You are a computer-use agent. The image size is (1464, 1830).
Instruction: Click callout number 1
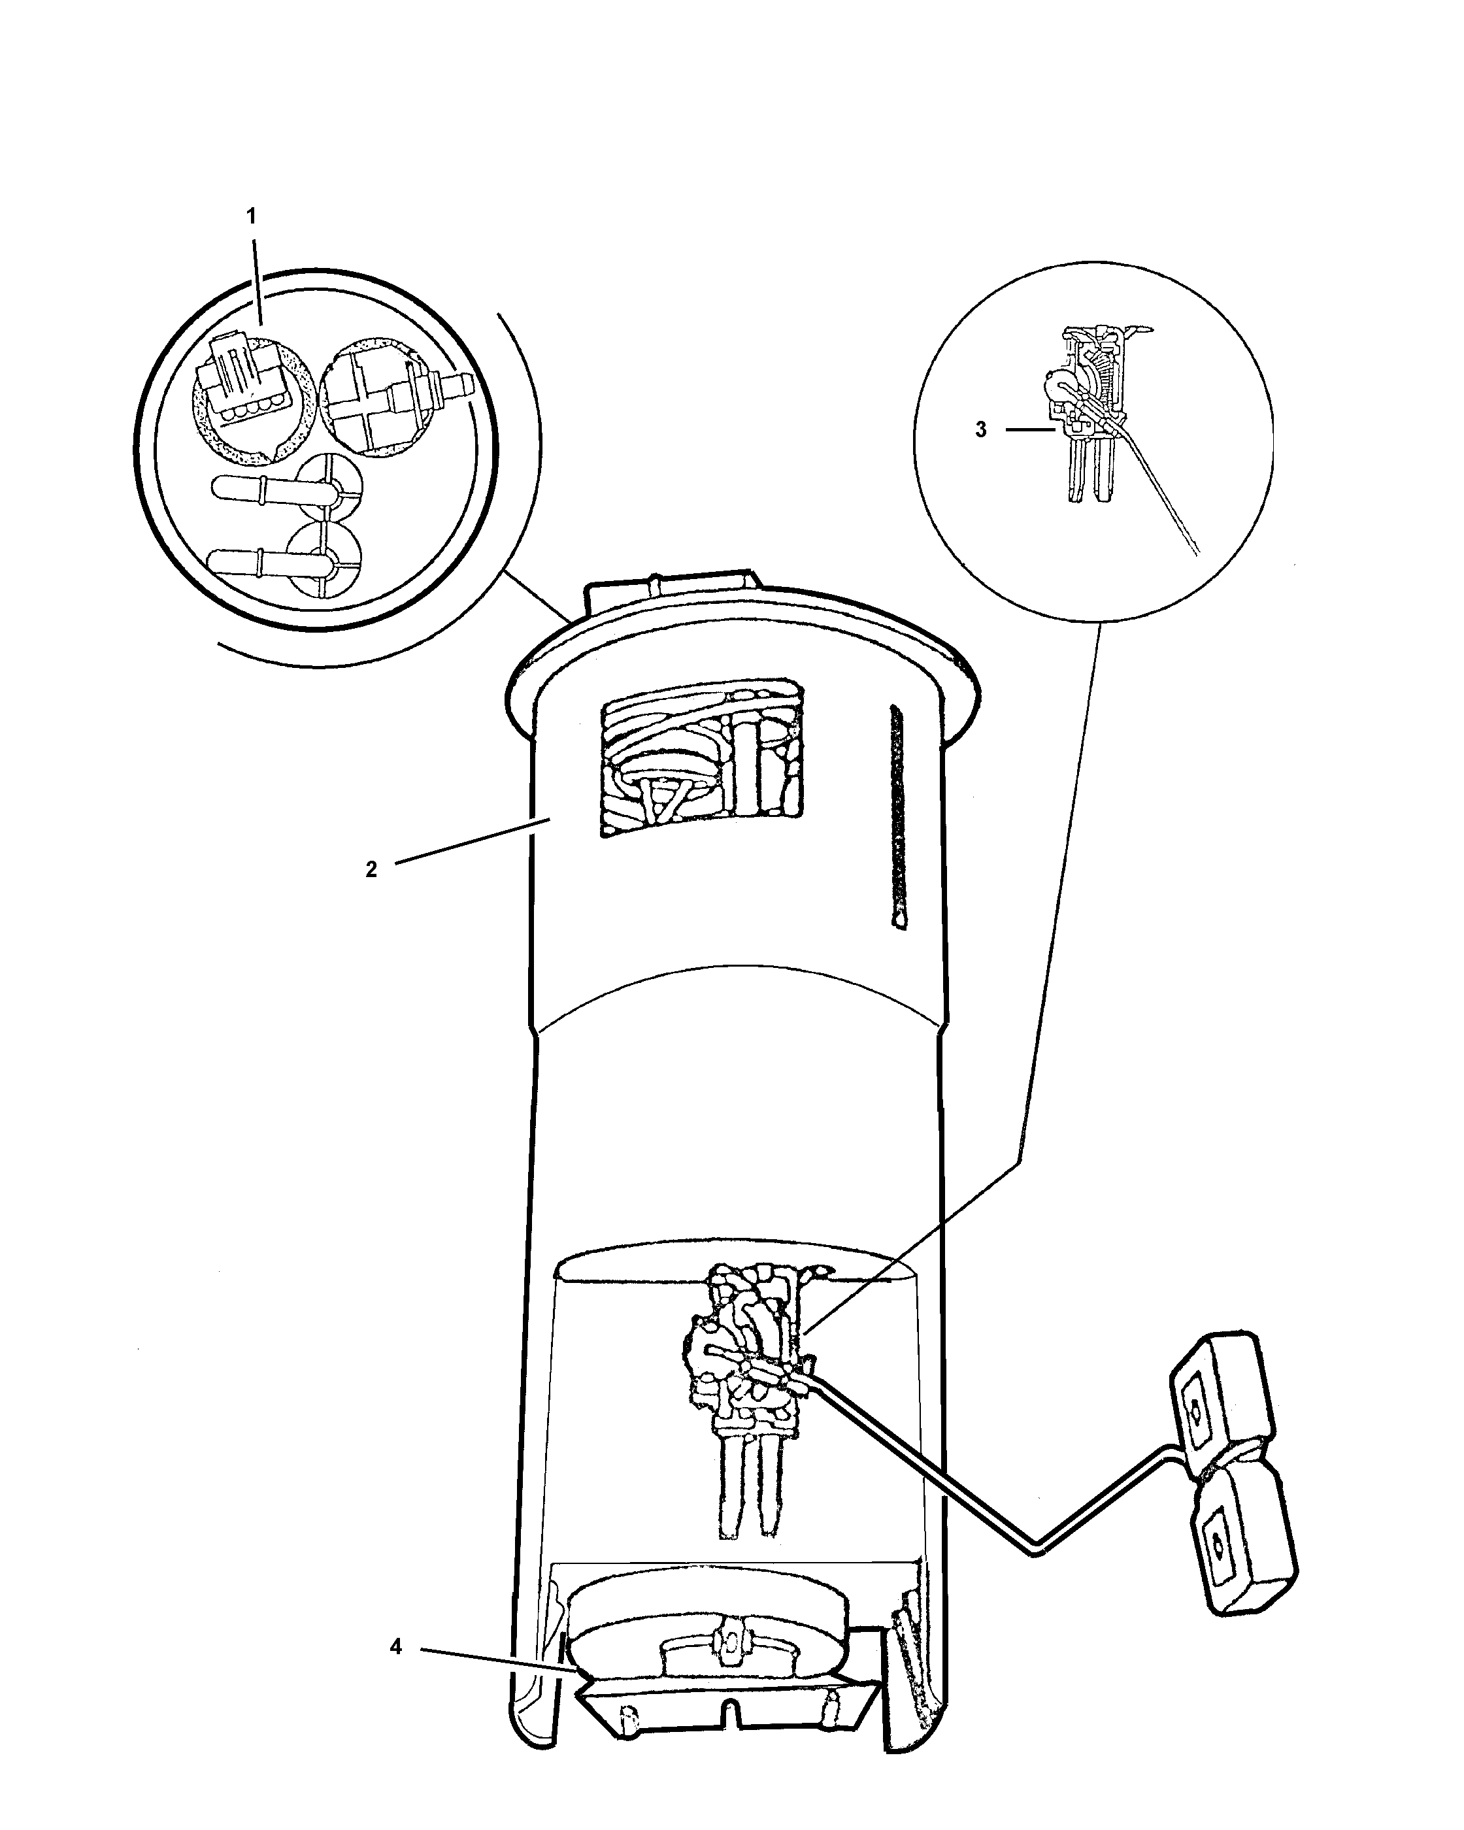pyautogui.click(x=250, y=216)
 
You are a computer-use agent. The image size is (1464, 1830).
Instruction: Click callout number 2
pyautogui.click(x=371, y=869)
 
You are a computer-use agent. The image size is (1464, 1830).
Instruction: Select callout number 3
pyautogui.click(x=981, y=429)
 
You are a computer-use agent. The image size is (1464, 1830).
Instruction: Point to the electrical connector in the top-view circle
pyautogui.click(x=244, y=386)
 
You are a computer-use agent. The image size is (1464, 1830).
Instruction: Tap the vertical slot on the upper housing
pyautogui.click(x=897, y=815)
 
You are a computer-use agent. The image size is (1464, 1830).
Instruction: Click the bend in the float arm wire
pyautogui.click(x=1037, y=1550)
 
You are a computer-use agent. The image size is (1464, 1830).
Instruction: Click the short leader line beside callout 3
pyautogui.click(x=1030, y=429)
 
